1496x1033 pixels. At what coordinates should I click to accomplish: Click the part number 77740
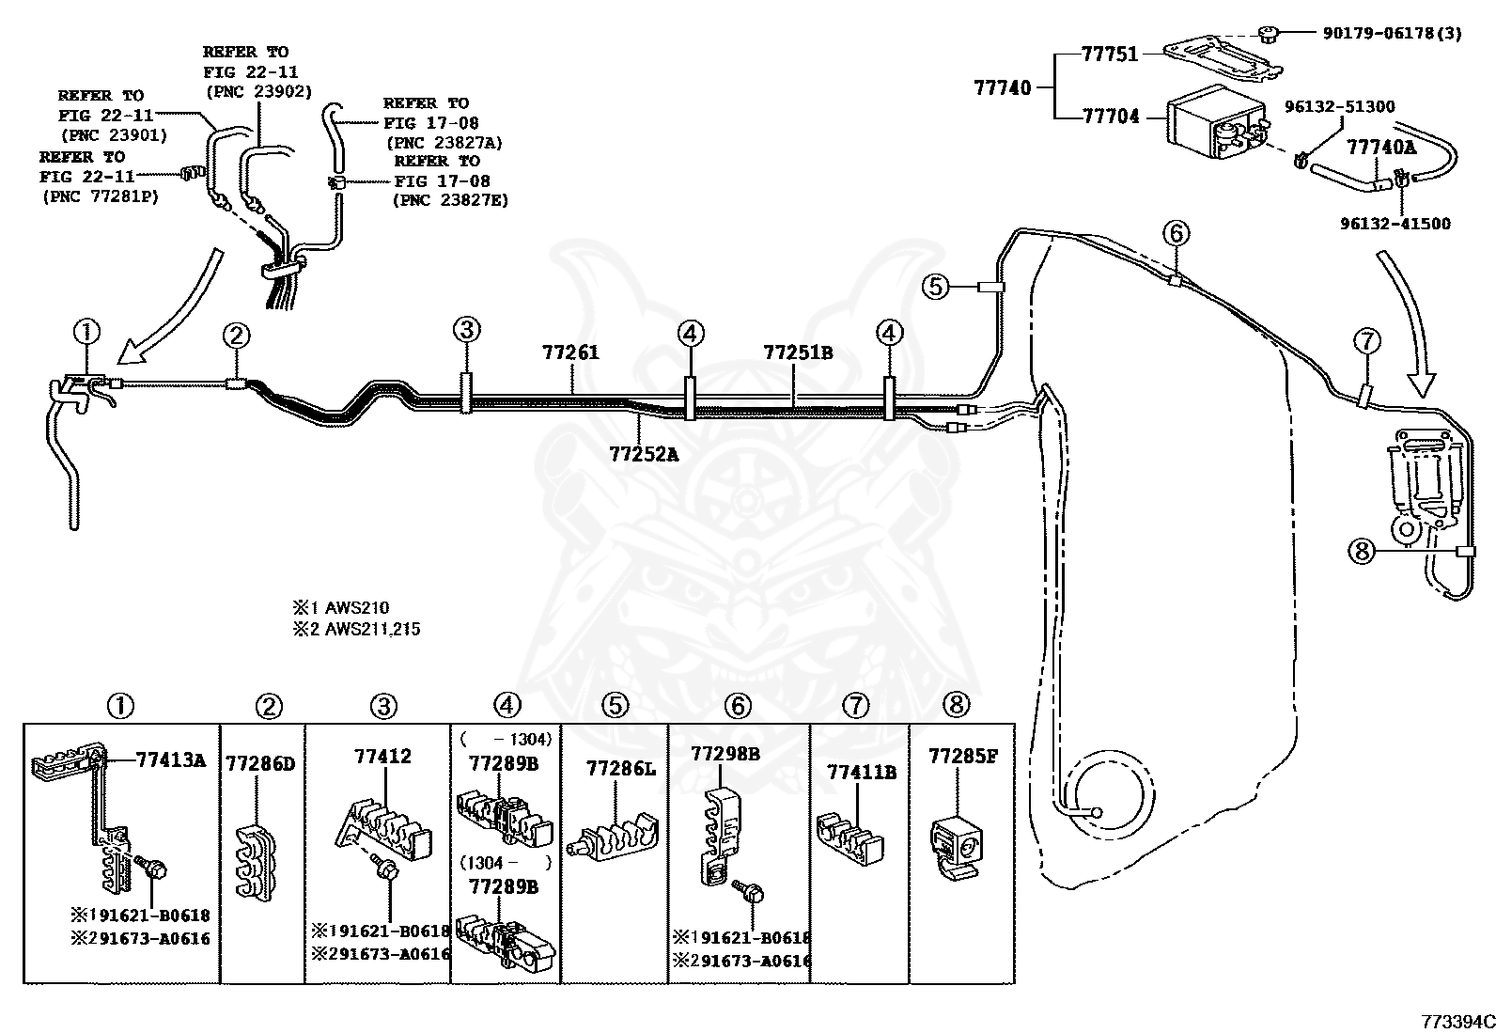[x=1003, y=87]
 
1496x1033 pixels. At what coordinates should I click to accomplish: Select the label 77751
[x=1109, y=55]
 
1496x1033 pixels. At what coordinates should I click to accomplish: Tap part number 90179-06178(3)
[x=1392, y=34]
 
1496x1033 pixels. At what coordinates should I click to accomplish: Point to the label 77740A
[x=1380, y=147]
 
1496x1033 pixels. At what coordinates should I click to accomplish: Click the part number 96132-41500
[x=1395, y=224]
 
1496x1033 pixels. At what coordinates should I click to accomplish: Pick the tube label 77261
[x=570, y=352]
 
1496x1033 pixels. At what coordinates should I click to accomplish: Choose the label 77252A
[x=644, y=454]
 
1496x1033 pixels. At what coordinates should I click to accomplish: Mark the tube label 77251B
[x=798, y=352]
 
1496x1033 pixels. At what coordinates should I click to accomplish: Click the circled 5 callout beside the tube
[x=936, y=287]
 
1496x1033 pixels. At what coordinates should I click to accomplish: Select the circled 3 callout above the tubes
[x=466, y=329]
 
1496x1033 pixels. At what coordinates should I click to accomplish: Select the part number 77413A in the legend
[x=171, y=759]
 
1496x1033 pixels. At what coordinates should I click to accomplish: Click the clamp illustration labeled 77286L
[x=613, y=836]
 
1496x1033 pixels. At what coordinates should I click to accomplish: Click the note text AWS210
[x=357, y=607]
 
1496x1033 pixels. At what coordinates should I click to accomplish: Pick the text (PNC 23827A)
[x=444, y=143]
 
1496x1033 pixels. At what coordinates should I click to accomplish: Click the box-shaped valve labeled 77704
[x=1216, y=123]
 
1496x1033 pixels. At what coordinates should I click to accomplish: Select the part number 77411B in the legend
[x=862, y=773]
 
